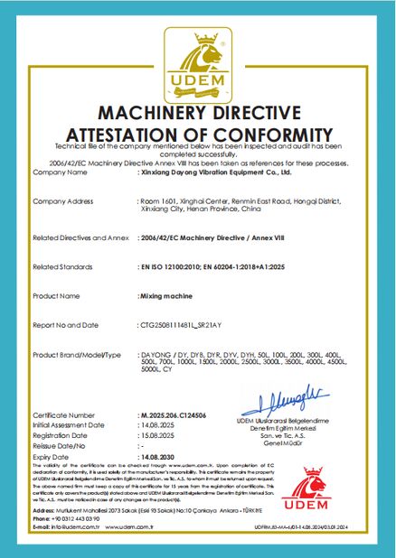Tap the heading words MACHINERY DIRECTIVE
(197, 114)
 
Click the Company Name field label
(59, 171)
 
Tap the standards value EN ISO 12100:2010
(171, 267)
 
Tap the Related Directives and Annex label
(75, 239)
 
